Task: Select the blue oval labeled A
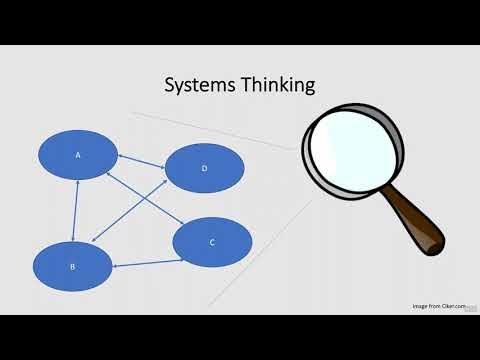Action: [78, 155]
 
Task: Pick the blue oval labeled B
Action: [72, 266]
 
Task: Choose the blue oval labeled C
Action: [212, 242]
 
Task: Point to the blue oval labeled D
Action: [204, 168]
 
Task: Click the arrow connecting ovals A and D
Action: [141, 160]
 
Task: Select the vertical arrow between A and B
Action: [76, 210]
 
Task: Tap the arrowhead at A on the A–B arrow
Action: [78, 182]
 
